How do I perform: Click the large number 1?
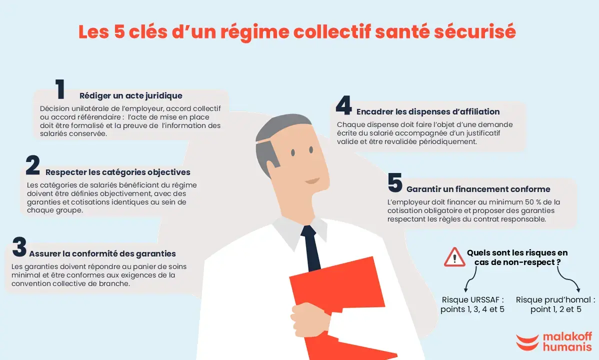[x=60, y=89]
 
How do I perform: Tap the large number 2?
[x=33, y=165]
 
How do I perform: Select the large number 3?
[x=19, y=246]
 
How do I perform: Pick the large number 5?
[x=395, y=182]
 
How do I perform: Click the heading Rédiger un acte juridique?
[x=130, y=95]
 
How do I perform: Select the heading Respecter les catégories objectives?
[x=117, y=172]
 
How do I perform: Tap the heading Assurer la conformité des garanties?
[x=102, y=254]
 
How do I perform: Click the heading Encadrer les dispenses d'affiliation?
[x=428, y=111]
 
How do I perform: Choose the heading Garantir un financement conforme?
[x=478, y=189]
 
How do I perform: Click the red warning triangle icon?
[x=454, y=257]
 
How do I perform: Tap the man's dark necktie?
[x=311, y=248]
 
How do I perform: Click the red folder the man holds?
[x=340, y=305]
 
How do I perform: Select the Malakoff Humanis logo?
[x=554, y=341]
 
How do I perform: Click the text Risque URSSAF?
[x=472, y=299]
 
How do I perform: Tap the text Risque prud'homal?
[x=555, y=299]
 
